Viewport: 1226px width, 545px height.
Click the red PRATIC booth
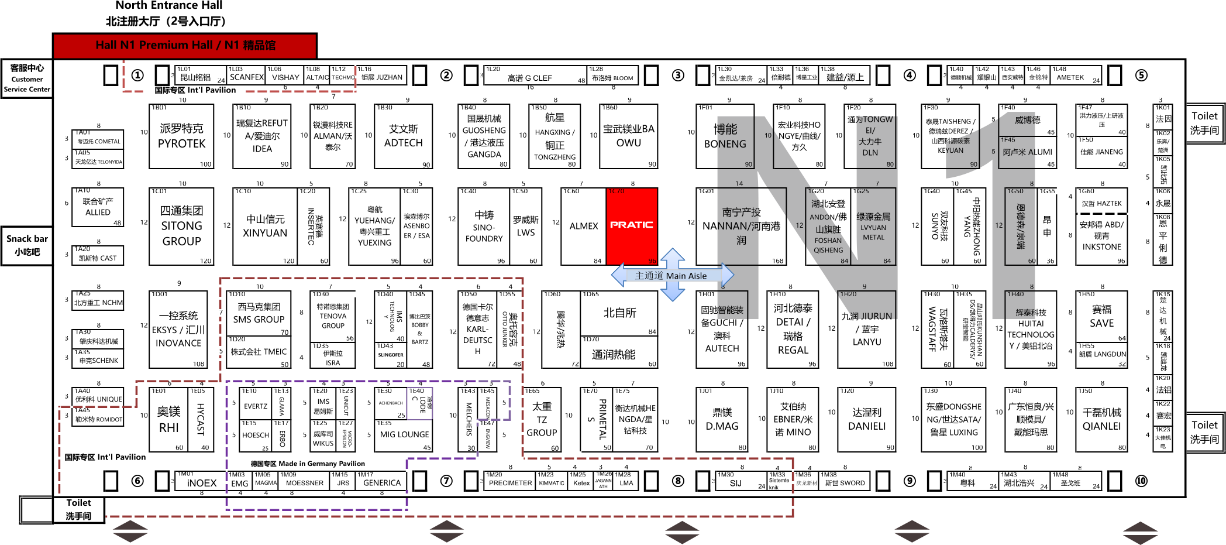(632, 225)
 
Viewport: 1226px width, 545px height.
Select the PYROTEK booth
(181, 136)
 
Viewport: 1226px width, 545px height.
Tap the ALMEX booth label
(583, 226)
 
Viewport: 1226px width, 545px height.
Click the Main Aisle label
(671, 276)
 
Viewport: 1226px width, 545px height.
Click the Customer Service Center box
(27, 78)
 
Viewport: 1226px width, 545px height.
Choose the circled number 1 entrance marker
(137, 76)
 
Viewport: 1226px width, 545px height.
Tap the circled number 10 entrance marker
(1141, 481)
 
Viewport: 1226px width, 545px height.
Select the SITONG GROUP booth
(181, 226)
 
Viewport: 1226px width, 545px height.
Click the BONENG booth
(725, 136)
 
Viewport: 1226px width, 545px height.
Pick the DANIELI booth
(866, 419)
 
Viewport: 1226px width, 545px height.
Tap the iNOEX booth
(201, 483)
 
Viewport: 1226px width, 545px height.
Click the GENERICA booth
(382, 483)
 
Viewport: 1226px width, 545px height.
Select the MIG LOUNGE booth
(404, 435)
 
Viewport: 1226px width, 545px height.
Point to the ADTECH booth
(403, 136)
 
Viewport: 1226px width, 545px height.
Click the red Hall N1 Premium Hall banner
(185, 46)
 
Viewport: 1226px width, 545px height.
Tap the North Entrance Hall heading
(168, 6)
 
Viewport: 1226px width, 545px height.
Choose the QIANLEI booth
(1101, 419)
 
